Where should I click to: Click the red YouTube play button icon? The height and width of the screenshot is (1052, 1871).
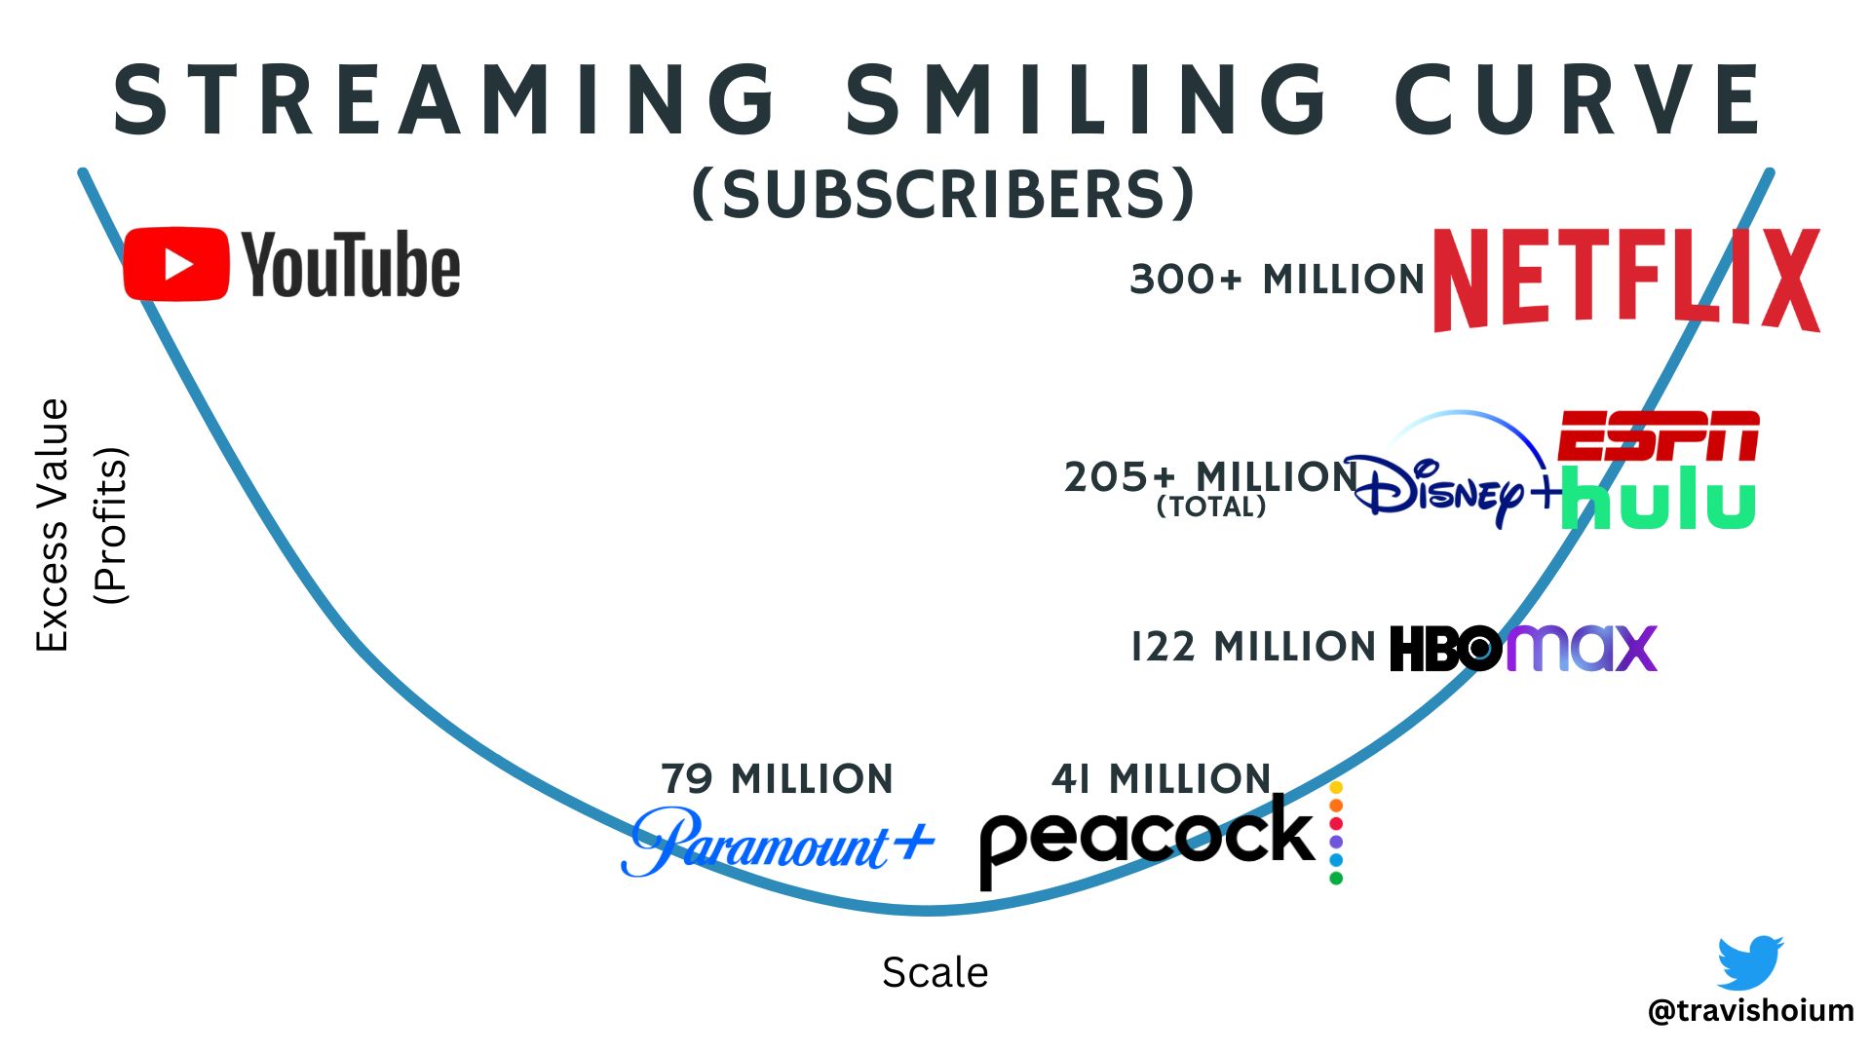(x=176, y=264)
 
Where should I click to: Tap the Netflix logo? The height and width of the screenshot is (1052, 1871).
(x=1625, y=281)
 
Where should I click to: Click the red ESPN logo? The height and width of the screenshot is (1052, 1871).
(x=1658, y=435)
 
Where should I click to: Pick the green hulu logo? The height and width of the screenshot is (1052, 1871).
(x=1659, y=499)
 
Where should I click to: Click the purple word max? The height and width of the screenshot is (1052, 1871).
(x=1582, y=648)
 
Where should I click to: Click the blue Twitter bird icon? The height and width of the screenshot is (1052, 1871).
(x=1750, y=962)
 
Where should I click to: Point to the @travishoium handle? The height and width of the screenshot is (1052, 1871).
(x=1750, y=1011)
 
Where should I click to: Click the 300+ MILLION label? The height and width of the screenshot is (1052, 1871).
(x=1277, y=280)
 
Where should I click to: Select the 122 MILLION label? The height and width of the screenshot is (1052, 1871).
(x=1253, y=647)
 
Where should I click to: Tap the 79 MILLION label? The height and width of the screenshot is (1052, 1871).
(x=777, y=779)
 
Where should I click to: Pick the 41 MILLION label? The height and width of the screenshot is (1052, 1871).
(x=1161, y=779)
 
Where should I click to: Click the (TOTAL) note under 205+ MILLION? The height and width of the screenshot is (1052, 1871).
(x=1211, y=507)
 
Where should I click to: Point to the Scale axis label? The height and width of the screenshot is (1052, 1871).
(x=935, y=972)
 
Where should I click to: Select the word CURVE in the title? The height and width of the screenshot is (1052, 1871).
(x=1578, y=100)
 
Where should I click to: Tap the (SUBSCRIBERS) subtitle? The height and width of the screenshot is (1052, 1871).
(x=942, y=193)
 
